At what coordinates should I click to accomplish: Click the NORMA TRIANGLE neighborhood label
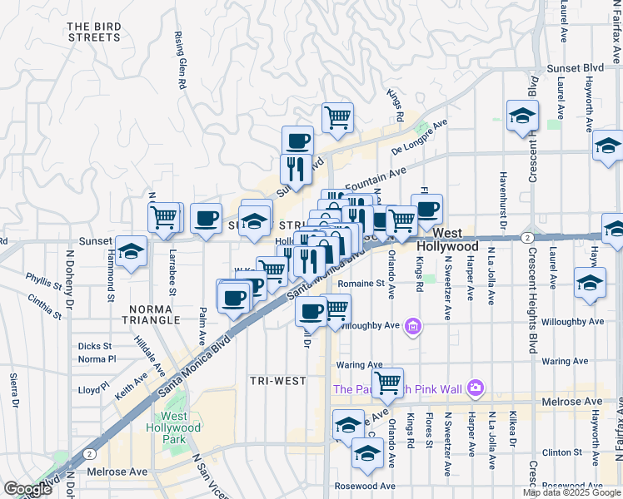click(x=150, y=314)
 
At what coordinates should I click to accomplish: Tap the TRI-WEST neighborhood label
click(x=277, y=380)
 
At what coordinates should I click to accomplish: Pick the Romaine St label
click(x=361, y=283)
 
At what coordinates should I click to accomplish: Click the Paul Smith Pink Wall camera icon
click(x=475, y=388)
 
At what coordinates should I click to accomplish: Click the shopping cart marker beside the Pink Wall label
click(x=387, y=383)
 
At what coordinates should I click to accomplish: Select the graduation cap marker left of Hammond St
click(x=131, y=252)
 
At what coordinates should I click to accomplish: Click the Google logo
click(x=28, y=489)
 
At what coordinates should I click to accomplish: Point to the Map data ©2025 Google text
click(x=571, y=492)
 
